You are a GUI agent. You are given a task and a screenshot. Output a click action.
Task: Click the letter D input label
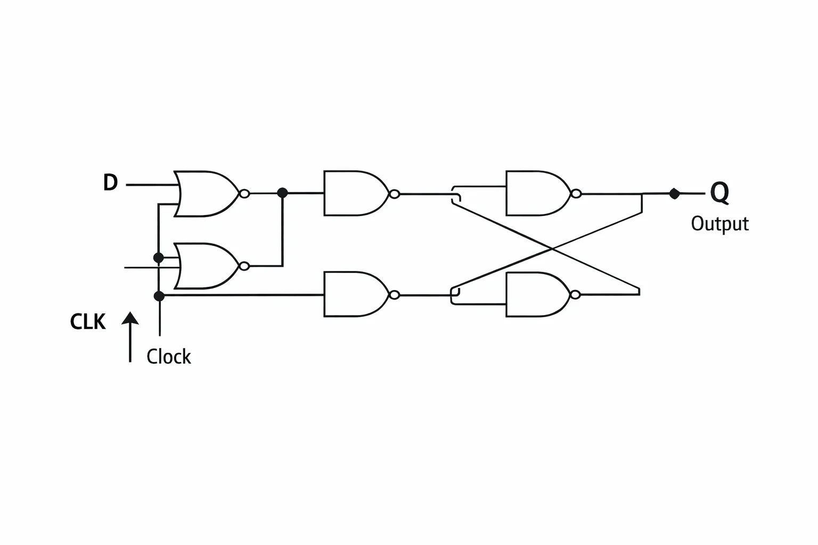tap(111, 183)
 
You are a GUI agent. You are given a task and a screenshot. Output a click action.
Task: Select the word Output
tap(720, 224)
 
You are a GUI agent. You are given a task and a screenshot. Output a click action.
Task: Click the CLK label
tap(88, 322)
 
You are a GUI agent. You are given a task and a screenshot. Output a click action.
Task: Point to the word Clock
tap(169, 357)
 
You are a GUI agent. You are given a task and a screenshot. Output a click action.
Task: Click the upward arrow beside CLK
tap(130, 337)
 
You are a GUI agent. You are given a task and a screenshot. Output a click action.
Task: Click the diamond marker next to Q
tap(674, 194)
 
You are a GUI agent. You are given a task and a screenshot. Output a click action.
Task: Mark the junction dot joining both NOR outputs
tap(282, 193)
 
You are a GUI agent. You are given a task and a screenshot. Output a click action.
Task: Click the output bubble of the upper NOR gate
tap(244, 194)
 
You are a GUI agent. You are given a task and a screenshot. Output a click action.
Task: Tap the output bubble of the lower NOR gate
tap(244, 266)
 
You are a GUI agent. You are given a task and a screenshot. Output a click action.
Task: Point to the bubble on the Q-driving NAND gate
tap(576, 194)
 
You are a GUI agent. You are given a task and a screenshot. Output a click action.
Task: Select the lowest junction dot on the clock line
tap(159, 296)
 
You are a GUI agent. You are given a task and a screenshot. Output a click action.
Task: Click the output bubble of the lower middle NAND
tap(395, 294)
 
